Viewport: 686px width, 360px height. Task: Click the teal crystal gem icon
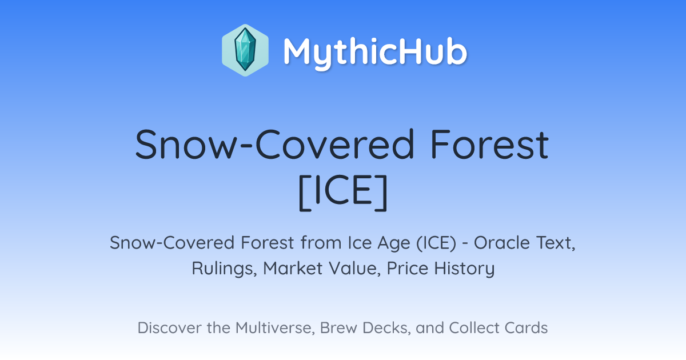pos(245,50)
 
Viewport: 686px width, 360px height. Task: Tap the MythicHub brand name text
pos(375,53)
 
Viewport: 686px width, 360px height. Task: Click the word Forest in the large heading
pos(489,144)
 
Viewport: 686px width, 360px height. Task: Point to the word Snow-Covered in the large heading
pos(275,144)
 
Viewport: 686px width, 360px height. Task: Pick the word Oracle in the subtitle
pos(502,243)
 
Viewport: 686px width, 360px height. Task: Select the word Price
pos(407,268)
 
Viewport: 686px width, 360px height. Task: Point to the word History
pos(464,269)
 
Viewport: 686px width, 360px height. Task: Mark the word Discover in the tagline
pos(170,327)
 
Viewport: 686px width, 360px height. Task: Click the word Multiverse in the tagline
pos(275,328)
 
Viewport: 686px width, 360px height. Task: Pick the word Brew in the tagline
pos(338,327)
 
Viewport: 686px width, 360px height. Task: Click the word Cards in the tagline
pos(526,327)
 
